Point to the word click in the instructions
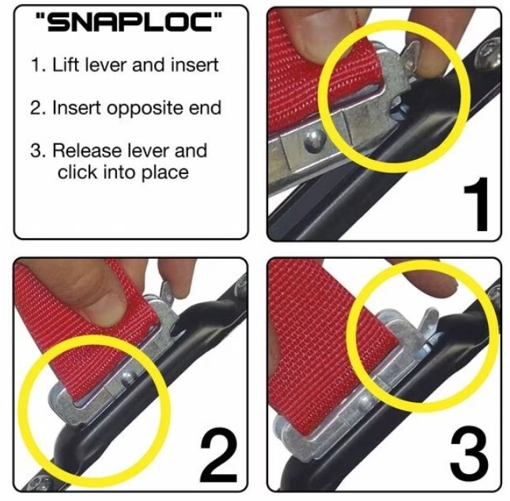78,172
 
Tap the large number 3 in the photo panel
467,453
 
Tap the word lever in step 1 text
108,66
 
